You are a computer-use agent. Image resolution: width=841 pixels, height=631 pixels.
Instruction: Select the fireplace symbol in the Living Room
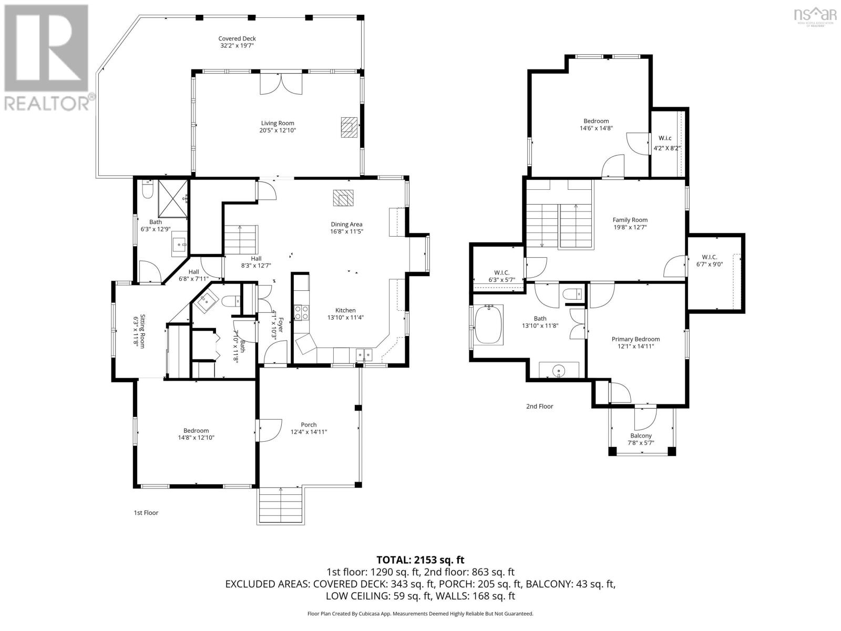pos(348,127)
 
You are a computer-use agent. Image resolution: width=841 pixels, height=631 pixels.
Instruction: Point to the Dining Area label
pos(346,224)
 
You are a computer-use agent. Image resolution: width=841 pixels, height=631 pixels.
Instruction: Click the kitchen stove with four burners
pos(301,313)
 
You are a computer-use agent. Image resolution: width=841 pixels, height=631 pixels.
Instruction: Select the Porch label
pos(309,424)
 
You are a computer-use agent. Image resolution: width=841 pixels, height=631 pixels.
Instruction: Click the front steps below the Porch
pos(281,506)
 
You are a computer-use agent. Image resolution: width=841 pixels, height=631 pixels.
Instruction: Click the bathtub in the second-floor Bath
pos(489,325)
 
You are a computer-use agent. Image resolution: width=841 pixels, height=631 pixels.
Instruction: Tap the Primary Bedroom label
pos(635,339)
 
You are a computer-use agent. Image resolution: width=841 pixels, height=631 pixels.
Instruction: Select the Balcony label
pos(641,435)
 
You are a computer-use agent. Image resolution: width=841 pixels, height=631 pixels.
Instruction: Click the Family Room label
pos(630,220)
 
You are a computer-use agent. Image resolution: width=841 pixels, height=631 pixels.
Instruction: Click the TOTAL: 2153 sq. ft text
pos(420,560)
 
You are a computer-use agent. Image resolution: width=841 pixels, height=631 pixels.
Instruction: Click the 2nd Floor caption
pos(539,406)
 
